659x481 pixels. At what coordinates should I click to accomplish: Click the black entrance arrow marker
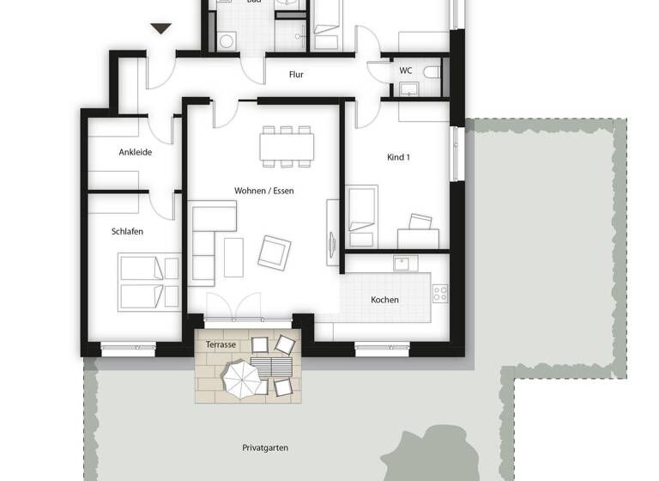point(160,29)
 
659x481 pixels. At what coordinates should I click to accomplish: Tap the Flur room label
point(296,75)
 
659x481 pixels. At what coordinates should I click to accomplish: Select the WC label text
point(405,70)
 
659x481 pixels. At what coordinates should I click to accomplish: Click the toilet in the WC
point(432,71)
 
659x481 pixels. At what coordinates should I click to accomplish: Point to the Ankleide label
point(136,152)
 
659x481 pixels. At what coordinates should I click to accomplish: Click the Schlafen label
point(127,232)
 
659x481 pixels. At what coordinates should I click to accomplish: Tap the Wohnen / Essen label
point(263,191)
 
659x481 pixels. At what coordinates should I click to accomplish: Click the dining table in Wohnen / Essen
point(287,146)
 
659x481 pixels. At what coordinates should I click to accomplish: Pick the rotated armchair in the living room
point(275,252)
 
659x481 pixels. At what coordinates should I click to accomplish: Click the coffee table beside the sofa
point(234,257)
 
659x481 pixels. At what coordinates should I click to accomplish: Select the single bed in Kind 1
point(362,211)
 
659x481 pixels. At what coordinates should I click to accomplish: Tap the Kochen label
point(384,300)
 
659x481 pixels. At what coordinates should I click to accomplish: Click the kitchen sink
point(404,264)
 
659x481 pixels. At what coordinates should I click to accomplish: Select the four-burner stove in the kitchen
point(440,292)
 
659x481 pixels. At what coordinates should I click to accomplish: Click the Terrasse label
point(221,344)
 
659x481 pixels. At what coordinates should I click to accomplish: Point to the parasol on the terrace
point(243,378)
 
